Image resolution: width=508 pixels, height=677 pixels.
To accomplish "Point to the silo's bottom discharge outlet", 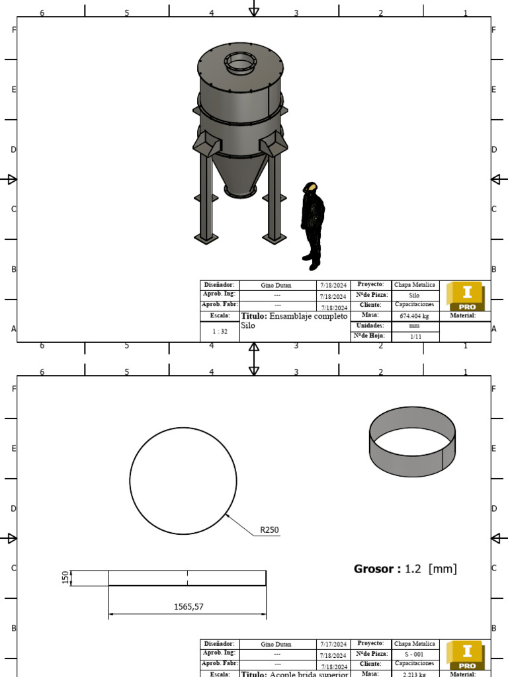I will (x=239, y=190).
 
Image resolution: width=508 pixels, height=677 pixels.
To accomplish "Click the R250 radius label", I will (x=269, y=530).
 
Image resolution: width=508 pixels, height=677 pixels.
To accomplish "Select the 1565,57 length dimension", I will (x=188, y=606).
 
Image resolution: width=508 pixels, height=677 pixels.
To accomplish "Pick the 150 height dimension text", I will (x=65, y=578).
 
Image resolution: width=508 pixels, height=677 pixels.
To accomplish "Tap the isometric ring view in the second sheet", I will (x=412, y=441).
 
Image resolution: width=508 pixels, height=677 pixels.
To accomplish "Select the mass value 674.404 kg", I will (x=415, y=316).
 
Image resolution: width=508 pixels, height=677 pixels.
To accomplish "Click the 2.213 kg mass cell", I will (x=415, y=674).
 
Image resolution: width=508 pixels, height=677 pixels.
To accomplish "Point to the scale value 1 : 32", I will (x=219, y=331).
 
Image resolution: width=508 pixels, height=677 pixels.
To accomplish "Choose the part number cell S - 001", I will (x=415, y=654).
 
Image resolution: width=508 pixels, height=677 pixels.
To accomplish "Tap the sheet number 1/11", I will (x=415, y=337).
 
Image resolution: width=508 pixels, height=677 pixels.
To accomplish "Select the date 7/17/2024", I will (x=333, y=644).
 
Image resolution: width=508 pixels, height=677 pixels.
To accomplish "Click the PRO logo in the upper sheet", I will (x=466, y=296).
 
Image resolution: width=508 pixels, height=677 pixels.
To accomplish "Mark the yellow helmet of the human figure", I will (x=310, y=187).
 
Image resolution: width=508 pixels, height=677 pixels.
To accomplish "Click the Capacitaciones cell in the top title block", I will (x=415, y=305).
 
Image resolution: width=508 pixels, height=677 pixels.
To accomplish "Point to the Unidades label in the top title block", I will (x=370, y=326).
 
